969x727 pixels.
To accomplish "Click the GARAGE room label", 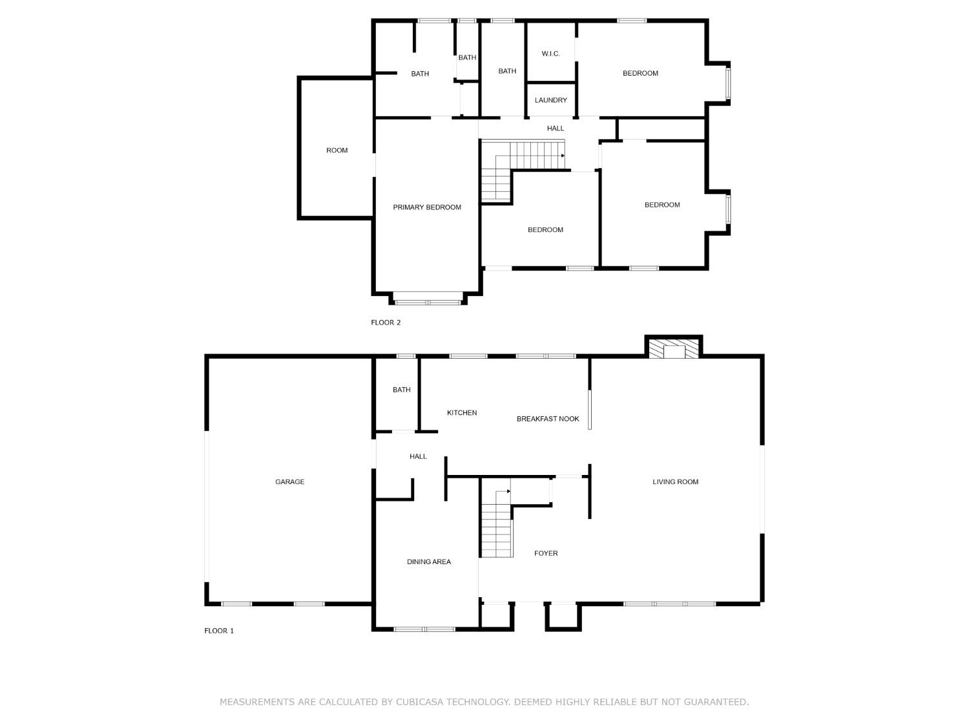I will (x=289, y=481).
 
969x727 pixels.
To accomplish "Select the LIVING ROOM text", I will (x=675, y=481).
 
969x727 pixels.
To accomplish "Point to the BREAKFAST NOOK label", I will (x=548, y=419).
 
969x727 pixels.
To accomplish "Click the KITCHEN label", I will (x=462, y=413).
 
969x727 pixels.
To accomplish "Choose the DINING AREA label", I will (x=428, y=562).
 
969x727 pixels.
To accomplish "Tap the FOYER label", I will (x=546, y=553).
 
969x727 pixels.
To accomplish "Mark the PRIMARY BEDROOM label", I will (x=427, y=207).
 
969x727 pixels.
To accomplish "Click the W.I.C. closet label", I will (x=550, y=54).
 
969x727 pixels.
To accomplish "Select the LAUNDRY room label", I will (x=550, y=100).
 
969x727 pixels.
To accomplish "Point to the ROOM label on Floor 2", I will (x=337, y=151).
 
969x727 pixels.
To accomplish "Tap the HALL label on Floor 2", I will (x=555, y=129).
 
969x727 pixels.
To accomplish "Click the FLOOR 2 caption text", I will (x=386, y=322).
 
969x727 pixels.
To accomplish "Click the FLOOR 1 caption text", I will (x=219, y=631).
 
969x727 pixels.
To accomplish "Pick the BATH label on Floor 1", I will (x=401, y=390).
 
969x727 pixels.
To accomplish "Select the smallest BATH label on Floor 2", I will (x=467, y=58).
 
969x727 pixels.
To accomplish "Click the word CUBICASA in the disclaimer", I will (x=422, y=702).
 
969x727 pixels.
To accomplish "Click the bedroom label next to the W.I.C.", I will (x=640, y=73).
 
